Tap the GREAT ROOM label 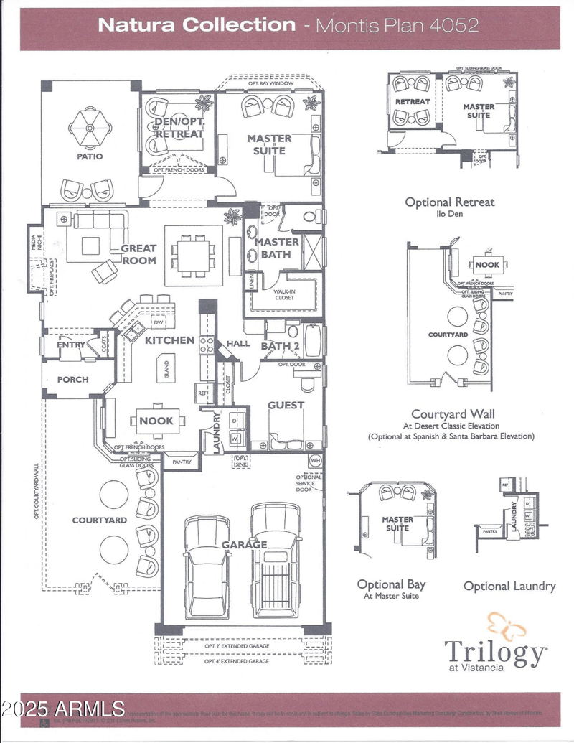pyautogui.click(x=138, y=254)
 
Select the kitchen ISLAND pyautogui.click(x=166, y=369)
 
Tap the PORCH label pyautogui.click(x=72, y=379)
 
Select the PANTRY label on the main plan pyautogui.click(x=182, y=462)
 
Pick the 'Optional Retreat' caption pyautogui.click(x=449, y=202)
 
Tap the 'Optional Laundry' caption pyautogui.click(x=509, y=586)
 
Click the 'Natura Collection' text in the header pyautogui.click(x=196, y=24)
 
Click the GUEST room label pyautogui.click(x=286, y=405)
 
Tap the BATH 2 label pyautogui.click(x=280, y=346)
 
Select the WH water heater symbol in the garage pyautogui.click(x=314, y=459)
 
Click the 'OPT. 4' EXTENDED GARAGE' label pyautogui.click(x=237, y=660)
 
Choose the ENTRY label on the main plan pyautogui.click(x=72, y=345)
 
